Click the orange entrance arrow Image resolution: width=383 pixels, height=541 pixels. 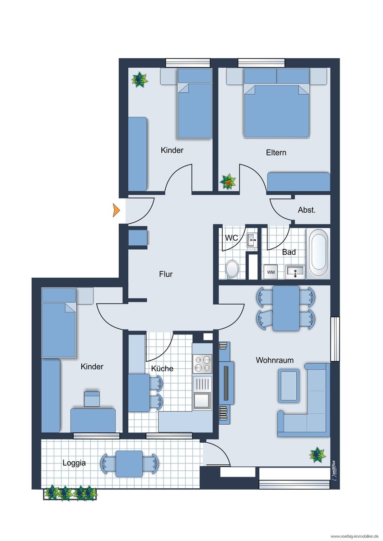(x=116, y=210)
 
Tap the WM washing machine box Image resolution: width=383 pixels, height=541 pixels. (x=271, y=272)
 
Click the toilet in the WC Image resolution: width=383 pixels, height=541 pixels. (x=232, y=269)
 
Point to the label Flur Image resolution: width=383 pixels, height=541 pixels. (x=166, y=274)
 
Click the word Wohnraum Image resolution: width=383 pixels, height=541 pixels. (x=275, y=360)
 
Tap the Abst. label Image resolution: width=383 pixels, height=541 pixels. (x=307, y=210)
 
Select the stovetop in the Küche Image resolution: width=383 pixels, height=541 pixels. (x=202, y=364)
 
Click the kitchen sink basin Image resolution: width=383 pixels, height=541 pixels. (x=202, y=400)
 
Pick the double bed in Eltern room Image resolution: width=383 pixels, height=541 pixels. (x=277, y=103)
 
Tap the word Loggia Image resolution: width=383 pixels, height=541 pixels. (x=74, y=463)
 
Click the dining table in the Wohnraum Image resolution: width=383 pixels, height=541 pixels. (x=286, y=308)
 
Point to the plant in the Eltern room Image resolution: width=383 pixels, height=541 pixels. (x=228, y=182)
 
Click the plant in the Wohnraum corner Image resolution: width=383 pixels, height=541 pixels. (x=318, y=455)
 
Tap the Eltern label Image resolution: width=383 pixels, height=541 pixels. (x=276, y=153)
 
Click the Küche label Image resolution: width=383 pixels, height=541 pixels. (x=162, y=369)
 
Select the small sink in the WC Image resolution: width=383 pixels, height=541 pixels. (x=252, y=240)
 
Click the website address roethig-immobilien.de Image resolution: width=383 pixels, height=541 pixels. (x=355, y=536)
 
